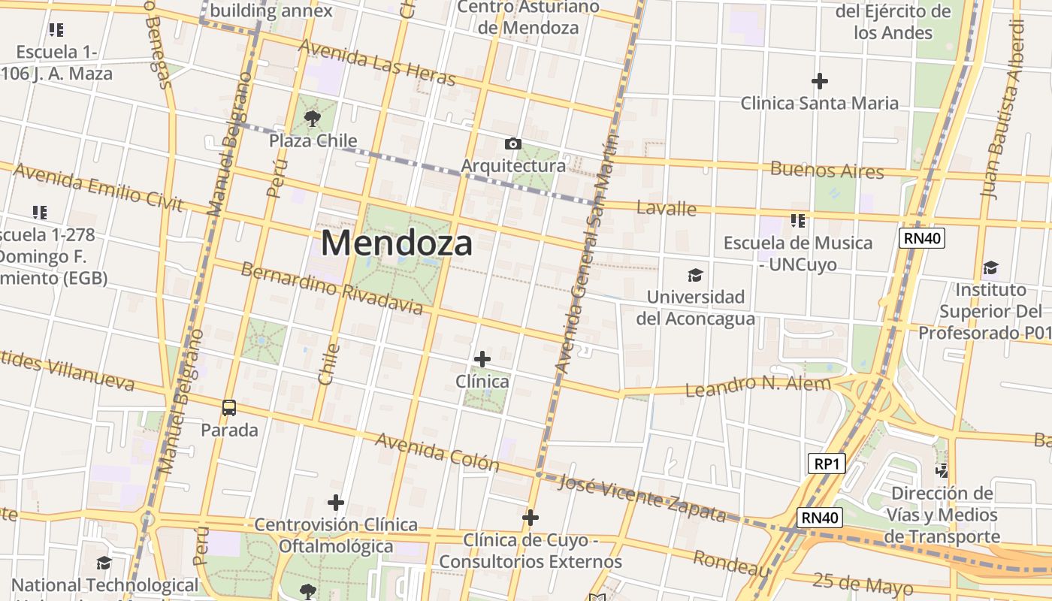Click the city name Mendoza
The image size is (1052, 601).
pos(397,243)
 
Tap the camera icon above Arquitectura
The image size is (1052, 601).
pos(513,143)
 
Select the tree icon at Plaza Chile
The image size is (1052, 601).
pos(312,118)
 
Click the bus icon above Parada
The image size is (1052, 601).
pos(229,408)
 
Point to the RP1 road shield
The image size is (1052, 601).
pos(827,464)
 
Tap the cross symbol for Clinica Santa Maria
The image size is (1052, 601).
pos(820,80)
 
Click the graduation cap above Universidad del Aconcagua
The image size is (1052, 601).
pos(696,275)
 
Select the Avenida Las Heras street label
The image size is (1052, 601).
pos(377,62)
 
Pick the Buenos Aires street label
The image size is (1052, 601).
pos(827,170)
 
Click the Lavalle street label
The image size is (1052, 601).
pos(666,208)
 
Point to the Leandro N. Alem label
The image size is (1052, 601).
pos(759,386)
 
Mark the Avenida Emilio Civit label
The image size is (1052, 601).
pos(98,188)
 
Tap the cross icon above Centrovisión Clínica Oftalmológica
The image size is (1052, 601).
pos(336,502)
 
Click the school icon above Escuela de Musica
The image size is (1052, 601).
pos(798,220)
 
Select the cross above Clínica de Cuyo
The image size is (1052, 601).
pos(531,518)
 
